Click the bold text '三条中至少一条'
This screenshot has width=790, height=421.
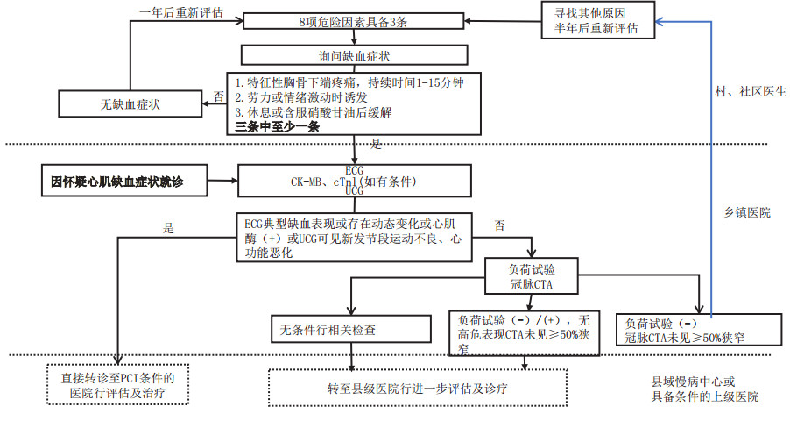coord(278,127)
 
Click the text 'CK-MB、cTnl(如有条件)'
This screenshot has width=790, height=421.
coord(354,182)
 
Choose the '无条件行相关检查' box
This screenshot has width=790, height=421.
coord(352,329)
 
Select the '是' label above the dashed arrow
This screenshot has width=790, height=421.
coord(169,227)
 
